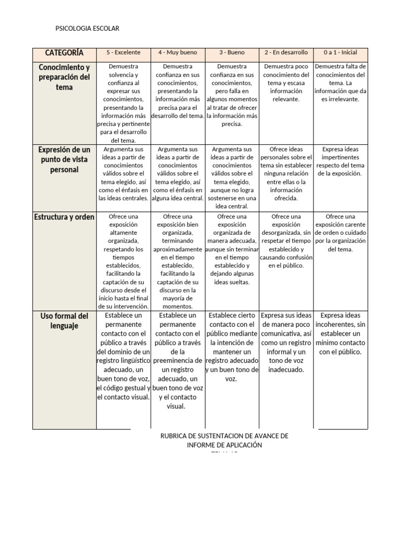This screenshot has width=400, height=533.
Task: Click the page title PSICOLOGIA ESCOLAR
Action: pyautogui.click(x=87, y=29)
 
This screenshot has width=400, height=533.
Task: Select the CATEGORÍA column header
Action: pyautogui.click(x=64, y=53)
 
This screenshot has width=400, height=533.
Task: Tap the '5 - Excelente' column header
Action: pyautogui.click(x=123, y=53)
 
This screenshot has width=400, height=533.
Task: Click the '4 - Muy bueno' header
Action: pyautogui.click(x=178, y=53)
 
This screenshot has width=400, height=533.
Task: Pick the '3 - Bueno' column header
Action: pyautogui.click(x=232, y=53)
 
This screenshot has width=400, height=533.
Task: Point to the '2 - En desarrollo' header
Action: pyautogui.click(x=286, y=53)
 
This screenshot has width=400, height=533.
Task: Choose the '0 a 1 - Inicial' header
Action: pyautogui.click(x=341, y=53)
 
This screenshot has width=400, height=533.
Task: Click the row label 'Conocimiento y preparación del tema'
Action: pyautogui.click(x=64, y=78)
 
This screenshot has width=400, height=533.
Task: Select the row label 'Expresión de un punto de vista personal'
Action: pyautogui.click(x=64, y=160)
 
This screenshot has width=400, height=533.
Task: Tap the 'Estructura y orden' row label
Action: pyautogui.click(x=64, y=217)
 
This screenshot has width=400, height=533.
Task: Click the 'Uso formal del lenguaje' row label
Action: pyautogui.click(x=64, y=321)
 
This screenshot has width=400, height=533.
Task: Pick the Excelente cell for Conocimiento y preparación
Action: pyautogui.click(x=123, y=103)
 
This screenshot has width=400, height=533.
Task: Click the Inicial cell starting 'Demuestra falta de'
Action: pyautogui.click(x=341, y=83)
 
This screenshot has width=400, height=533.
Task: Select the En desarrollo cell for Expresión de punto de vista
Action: pyautogui.click(x=286, y=173)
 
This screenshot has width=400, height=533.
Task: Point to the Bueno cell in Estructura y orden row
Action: pyautogui.click(x=232, y=249)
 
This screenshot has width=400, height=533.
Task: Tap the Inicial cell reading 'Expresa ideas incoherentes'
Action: pyautogui.click(x=341, y=334)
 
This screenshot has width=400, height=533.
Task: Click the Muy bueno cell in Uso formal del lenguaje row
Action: pyautogui.click(x=178, y=361)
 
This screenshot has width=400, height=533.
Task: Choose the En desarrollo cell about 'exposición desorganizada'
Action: pyautogui.click(x=286, y=241)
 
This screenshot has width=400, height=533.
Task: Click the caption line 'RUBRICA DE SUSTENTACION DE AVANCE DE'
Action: pyautogui.click(x=224, y=436)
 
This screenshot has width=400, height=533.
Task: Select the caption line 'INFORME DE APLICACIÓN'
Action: pyautogui.click(x=224, y=445)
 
